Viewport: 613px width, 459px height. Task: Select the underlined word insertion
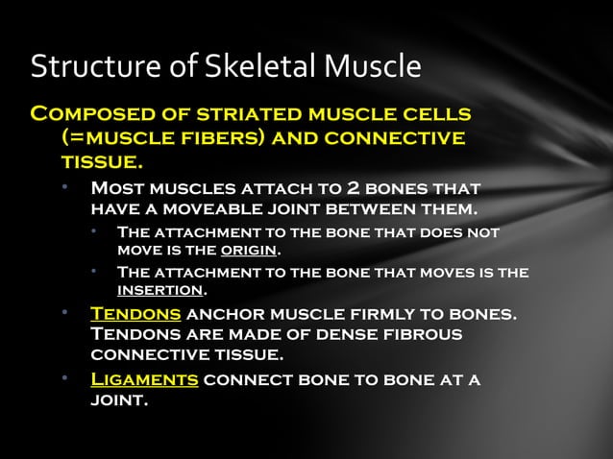160,289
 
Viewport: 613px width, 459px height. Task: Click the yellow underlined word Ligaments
144,378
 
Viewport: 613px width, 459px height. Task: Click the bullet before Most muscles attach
64,185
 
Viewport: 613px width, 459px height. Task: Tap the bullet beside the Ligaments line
64,377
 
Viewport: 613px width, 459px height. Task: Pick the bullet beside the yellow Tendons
64,313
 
